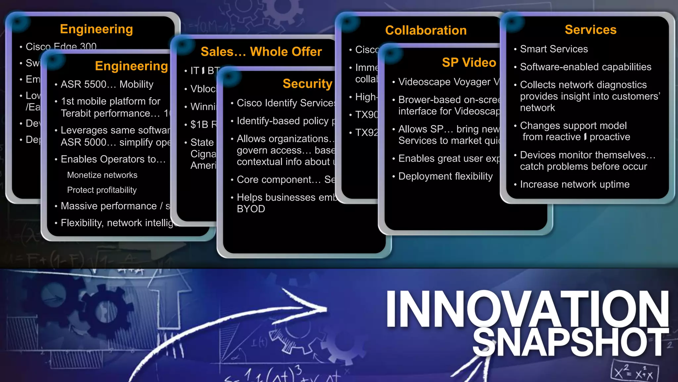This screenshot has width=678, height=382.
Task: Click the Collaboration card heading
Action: (426, 31)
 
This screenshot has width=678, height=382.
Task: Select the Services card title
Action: (590, 30)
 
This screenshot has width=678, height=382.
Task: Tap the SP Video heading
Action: (469, 62)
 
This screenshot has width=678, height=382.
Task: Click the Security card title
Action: (307, 84)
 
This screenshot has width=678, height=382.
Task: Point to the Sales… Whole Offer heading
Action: (261, 52)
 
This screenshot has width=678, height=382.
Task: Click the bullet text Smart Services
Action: (554, 49)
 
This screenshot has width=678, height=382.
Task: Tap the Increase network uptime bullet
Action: (574, 184)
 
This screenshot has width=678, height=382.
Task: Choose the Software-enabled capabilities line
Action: (585, 67)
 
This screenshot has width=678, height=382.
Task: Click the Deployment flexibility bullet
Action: (445, 176)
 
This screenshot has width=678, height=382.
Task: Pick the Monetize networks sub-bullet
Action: (102, 175)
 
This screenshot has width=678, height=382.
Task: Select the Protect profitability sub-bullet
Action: (102, 190)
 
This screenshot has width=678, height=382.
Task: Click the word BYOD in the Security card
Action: (251, 209)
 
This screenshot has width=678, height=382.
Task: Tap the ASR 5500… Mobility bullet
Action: (107, 84)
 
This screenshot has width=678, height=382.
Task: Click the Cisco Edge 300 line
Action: (61, 46)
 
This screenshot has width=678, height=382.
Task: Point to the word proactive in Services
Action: (610, 137)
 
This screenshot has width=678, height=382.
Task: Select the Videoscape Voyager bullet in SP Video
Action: (449, 82)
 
